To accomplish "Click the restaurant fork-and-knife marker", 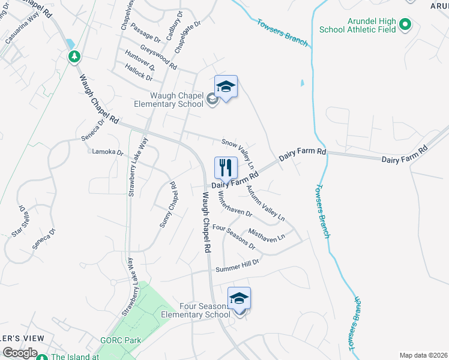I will [x=226, y=167].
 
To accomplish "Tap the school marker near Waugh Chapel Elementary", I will [x=226, y=87].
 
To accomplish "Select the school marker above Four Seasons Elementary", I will [x=239, y=299].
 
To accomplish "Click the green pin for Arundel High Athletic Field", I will [x=405, y=25].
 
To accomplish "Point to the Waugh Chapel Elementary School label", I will [x=169, y=99].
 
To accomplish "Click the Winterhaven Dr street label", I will [x=235, y=204].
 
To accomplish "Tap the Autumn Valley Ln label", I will [x=265, y=202].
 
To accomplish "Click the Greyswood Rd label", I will [x=158, y=56].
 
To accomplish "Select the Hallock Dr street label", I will [x=139, y=74].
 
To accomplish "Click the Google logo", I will [x=20, y=353].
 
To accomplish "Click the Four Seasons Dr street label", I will [x=234, y=237].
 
